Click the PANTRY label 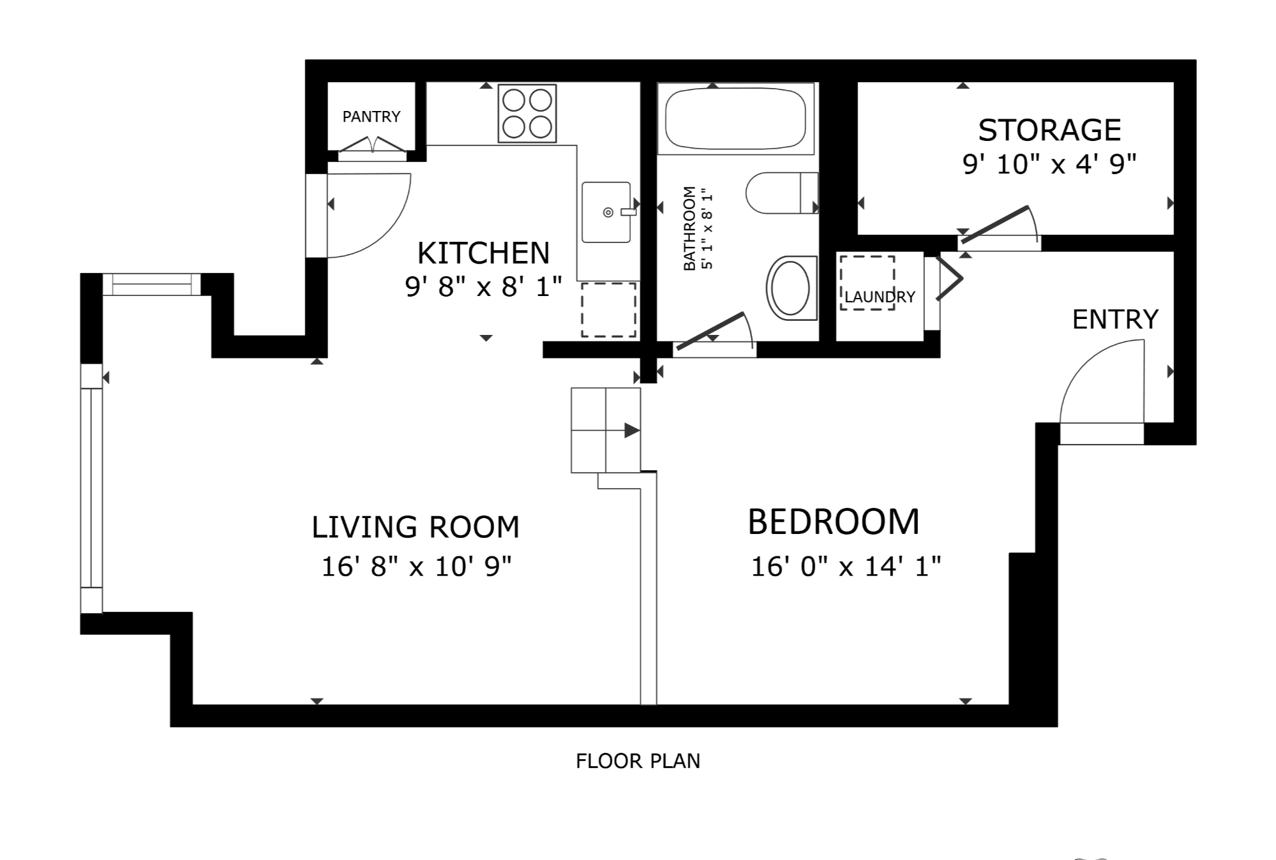372,117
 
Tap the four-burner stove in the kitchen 527,114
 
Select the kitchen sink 607,212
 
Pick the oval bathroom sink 792,288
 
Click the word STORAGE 1049,130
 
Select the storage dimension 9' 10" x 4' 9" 1049,165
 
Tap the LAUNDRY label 880,297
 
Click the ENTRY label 1115,320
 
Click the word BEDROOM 834,522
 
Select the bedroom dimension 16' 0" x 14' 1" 846,566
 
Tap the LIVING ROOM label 416,528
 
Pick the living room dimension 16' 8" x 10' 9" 416,566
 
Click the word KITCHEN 483,253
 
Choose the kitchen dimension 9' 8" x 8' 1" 483,287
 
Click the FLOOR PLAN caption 638,761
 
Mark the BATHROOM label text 689,228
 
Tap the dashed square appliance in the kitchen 608,309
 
